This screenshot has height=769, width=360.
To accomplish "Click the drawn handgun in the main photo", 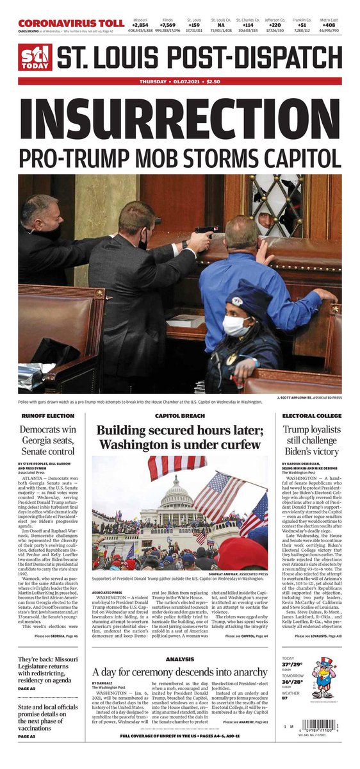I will (206, 231).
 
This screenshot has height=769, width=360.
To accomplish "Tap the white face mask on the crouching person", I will (236, 326).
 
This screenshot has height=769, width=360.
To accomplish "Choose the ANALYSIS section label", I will (179, 659).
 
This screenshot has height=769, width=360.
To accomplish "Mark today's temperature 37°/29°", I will (293, 683).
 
